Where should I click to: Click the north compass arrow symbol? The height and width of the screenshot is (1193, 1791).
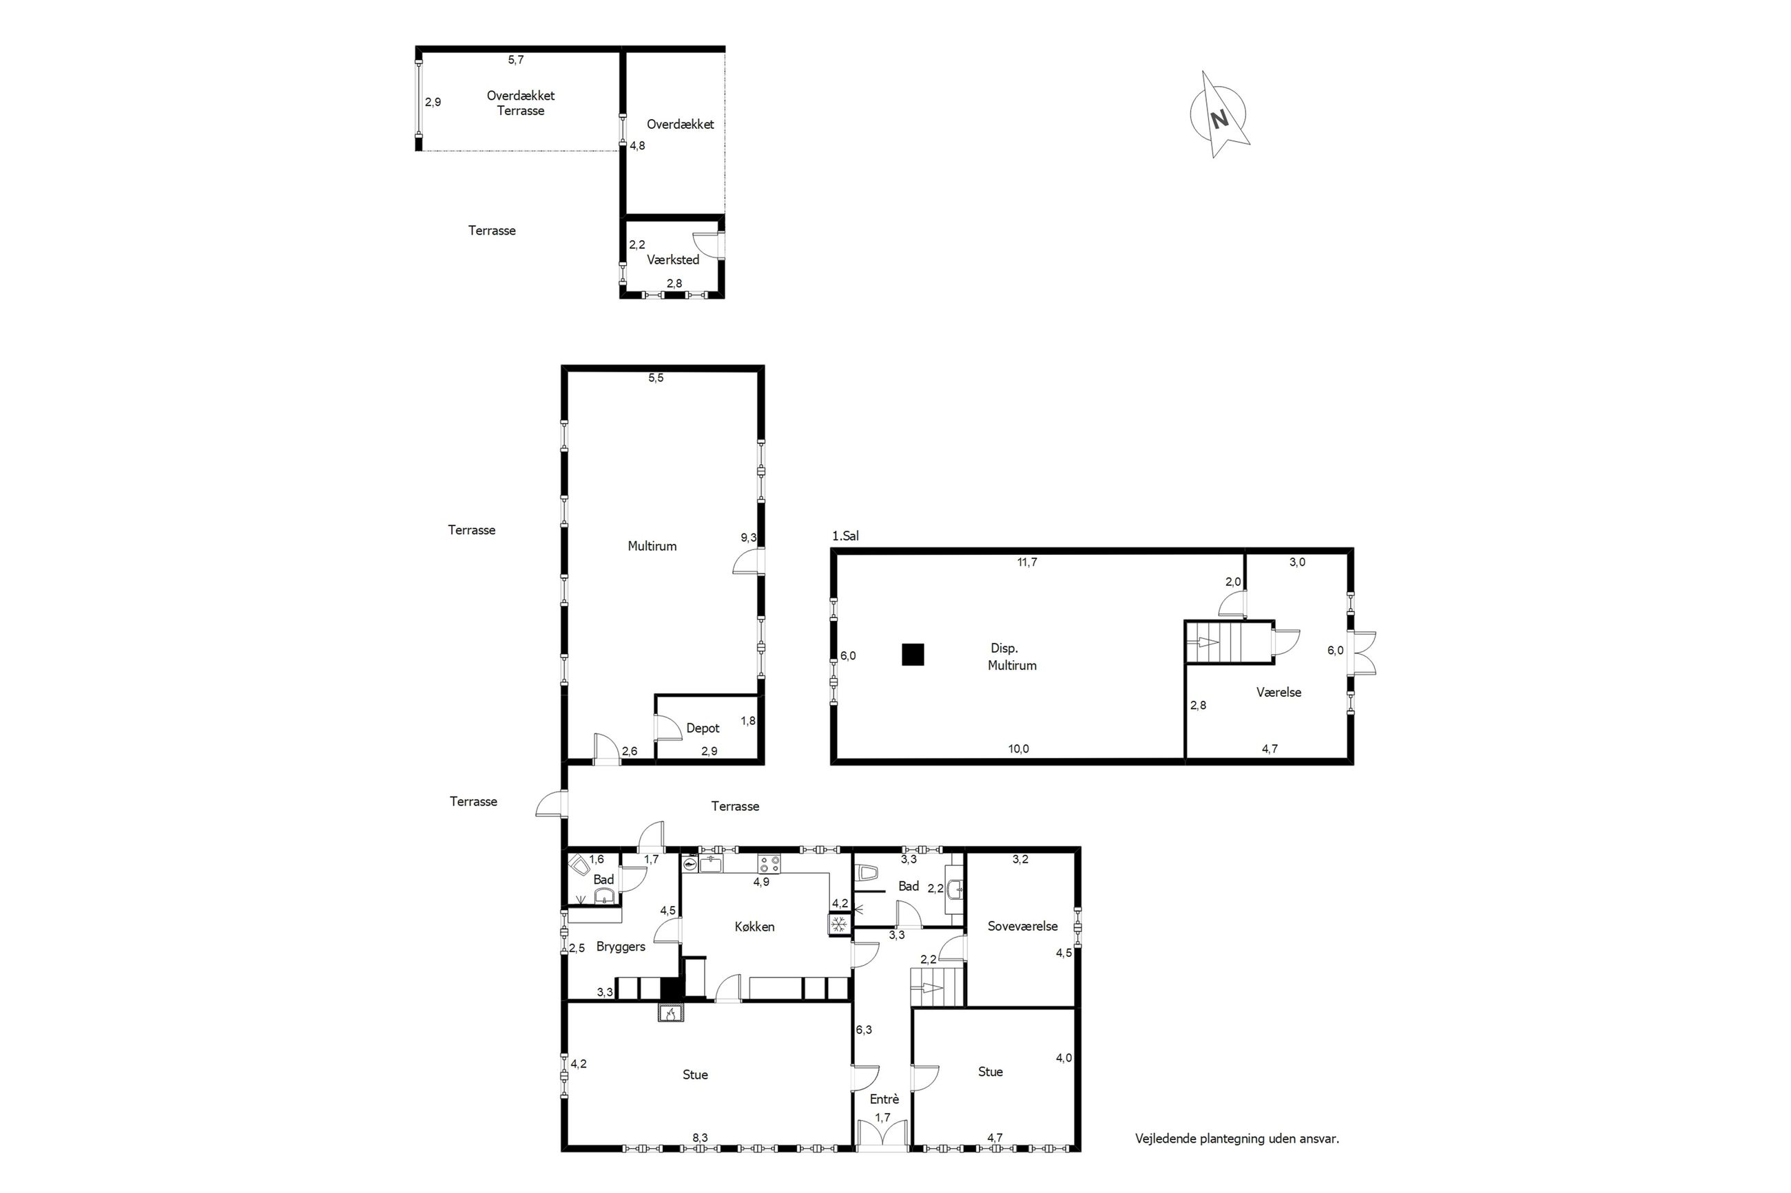click(x=1219, y=115)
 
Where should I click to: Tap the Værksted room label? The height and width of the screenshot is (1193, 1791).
click(x=673, y=260)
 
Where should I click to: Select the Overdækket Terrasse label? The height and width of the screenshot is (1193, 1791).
click(x=521, y=103)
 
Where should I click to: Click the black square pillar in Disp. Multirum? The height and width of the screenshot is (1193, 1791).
click(x=913, y=654)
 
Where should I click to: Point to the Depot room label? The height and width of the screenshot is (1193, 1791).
click(x=703, y=728)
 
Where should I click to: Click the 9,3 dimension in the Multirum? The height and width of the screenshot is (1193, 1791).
click(x=749, y=537)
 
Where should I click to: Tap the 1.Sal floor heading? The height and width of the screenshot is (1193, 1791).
click(x=845, y=536)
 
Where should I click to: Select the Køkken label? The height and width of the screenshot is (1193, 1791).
click(x=754, y=926)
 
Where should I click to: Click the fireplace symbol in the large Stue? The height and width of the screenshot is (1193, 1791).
click(x=672, y=1013)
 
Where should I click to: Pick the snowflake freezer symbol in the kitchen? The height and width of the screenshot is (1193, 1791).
click(x=839, y=925)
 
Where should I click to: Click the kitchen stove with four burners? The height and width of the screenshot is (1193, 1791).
click(x=769, y=863)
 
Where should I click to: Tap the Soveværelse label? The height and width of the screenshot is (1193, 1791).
click(x=1022, y=926)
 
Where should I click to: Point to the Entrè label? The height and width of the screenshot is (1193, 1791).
click(x=884, y=1099)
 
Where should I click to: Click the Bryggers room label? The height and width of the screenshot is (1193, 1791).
click(x=621, y=947)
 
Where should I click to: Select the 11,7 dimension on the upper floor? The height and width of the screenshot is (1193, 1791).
click(x=1027, y=562)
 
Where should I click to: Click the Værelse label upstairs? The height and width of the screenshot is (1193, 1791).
click(x=1278, y=693)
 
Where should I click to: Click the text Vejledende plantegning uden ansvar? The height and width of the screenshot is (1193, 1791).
click(x=1237, y=1139)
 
